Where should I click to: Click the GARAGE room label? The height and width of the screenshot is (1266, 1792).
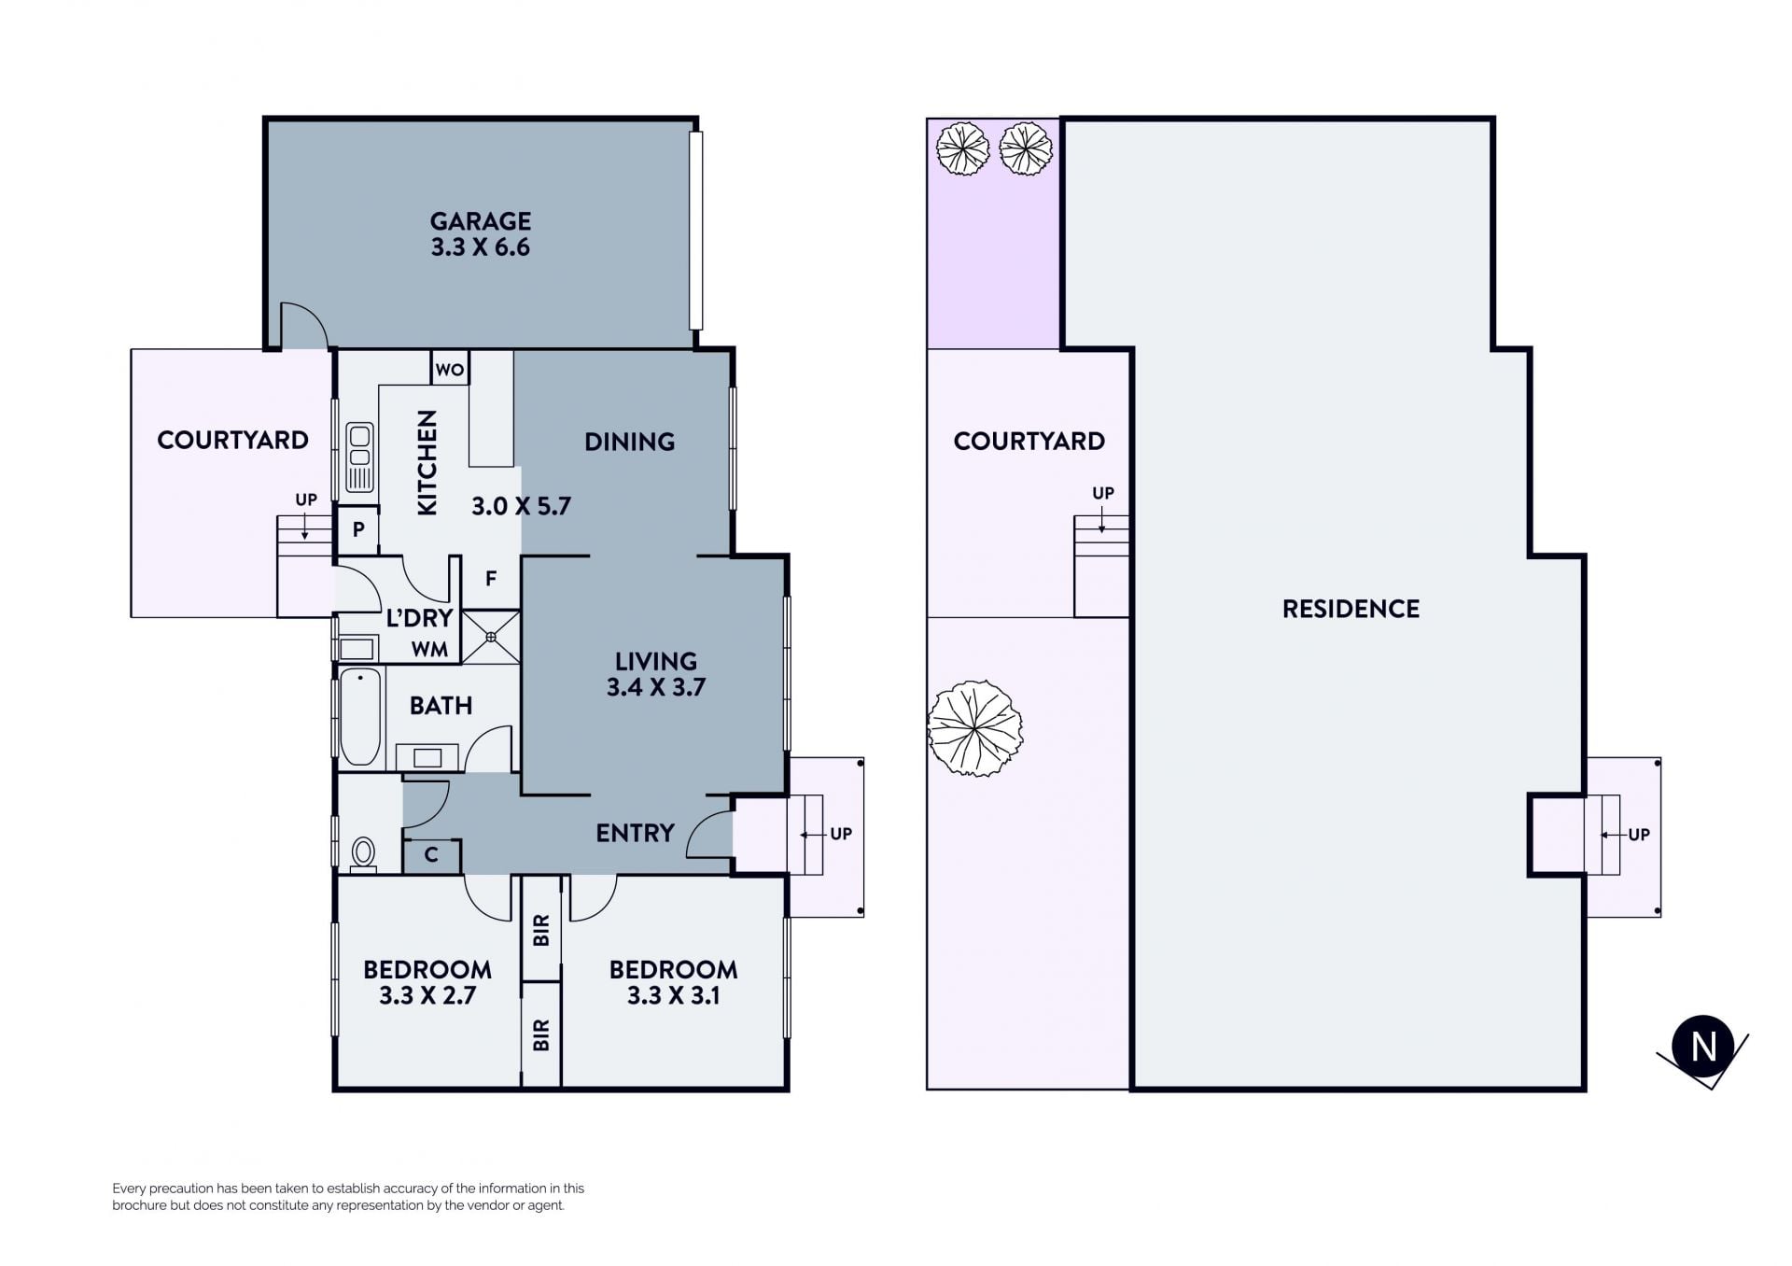481,221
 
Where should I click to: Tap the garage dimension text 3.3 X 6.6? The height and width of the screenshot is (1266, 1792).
481,247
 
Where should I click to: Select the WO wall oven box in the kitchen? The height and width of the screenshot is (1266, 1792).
450,368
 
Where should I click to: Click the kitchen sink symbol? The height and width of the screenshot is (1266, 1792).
359,457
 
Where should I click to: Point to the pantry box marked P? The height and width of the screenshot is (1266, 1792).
357,529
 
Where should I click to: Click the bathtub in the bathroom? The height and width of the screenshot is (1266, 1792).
360,716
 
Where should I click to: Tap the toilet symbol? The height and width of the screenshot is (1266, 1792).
363,853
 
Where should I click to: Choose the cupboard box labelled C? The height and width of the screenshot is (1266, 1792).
431,854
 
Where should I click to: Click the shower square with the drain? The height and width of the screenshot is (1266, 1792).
491,637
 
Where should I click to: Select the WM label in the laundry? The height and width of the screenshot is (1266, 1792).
429,649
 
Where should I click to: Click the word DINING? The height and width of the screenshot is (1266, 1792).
629,442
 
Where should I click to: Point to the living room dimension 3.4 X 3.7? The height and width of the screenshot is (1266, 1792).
656,687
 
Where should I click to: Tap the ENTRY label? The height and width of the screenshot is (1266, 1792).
635,833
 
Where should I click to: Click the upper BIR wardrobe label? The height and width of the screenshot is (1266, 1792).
541,930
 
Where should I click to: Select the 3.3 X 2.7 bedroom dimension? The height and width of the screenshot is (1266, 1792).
427,995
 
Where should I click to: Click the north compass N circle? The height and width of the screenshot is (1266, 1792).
1703,1047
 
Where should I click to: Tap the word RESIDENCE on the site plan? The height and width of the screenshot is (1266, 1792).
1351,609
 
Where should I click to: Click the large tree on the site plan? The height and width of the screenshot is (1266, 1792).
974,728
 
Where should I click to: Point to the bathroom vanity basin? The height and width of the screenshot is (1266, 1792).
427,757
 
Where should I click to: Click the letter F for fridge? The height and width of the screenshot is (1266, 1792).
491,579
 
